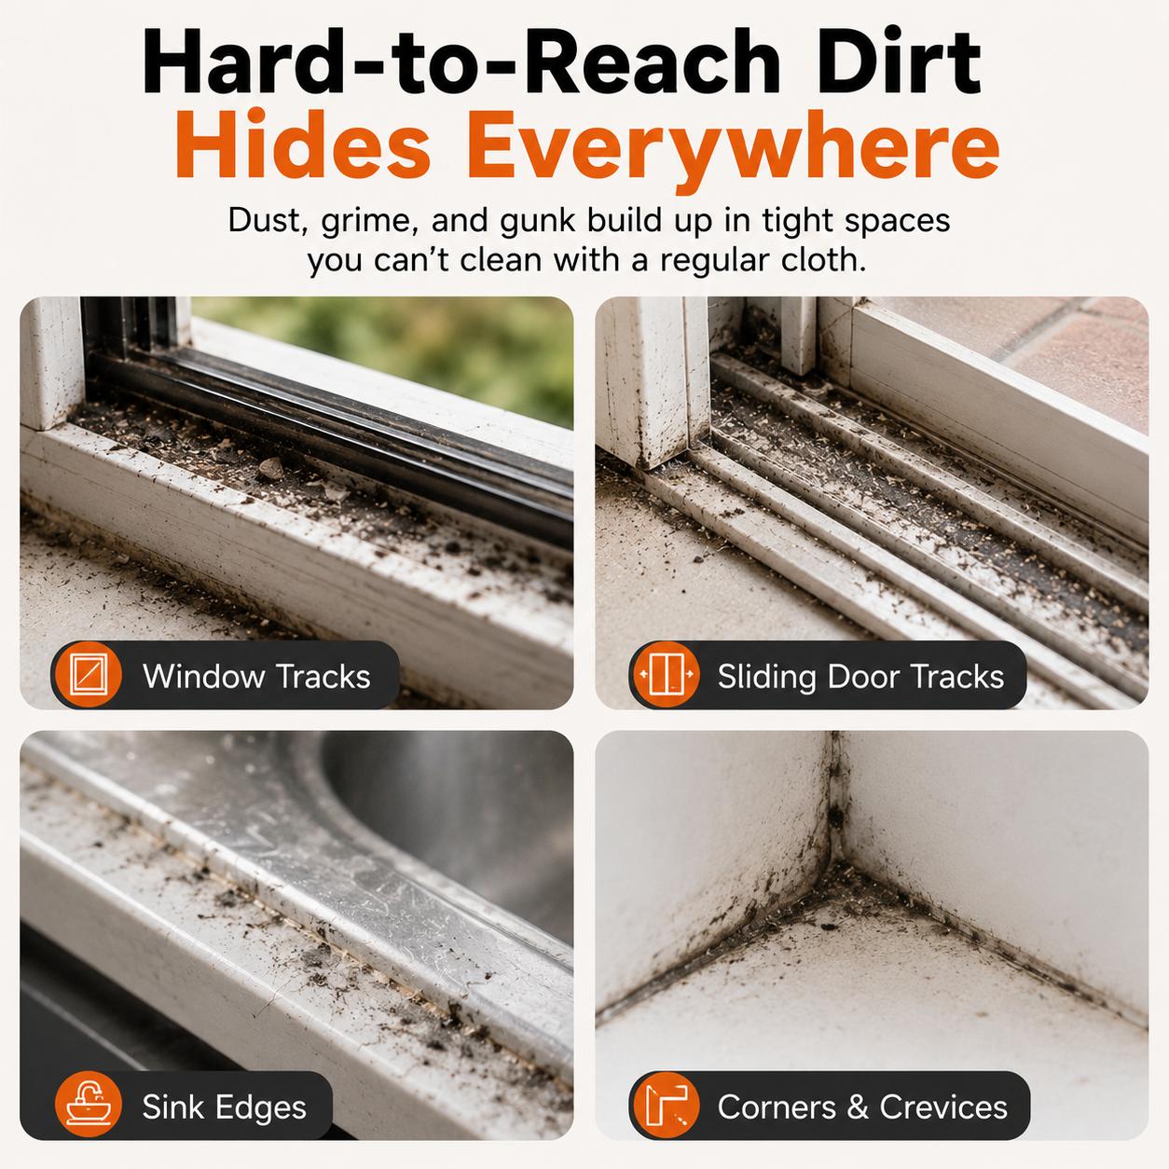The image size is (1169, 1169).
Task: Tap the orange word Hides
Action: [x=303, y=144]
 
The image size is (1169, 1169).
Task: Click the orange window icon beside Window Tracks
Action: [x=88, y=674]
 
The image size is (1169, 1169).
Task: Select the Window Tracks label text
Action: [x=256, y=676]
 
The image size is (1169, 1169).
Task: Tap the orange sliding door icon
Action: [x=665, y=674]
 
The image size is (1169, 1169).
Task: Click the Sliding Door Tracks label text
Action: [x=860, y=677]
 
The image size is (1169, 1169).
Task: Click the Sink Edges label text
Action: [x=225, y=1107]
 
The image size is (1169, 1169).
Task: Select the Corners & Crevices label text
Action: [x=862, y=1107]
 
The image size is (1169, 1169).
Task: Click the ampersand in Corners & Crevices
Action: [x=858, y=1107]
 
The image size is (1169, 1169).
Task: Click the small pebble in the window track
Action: [x=270, y=468]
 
